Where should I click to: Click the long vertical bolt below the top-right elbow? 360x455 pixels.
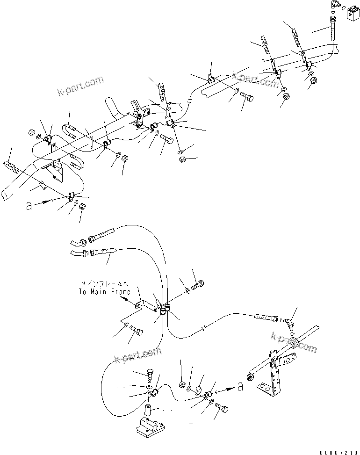point(333,30)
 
